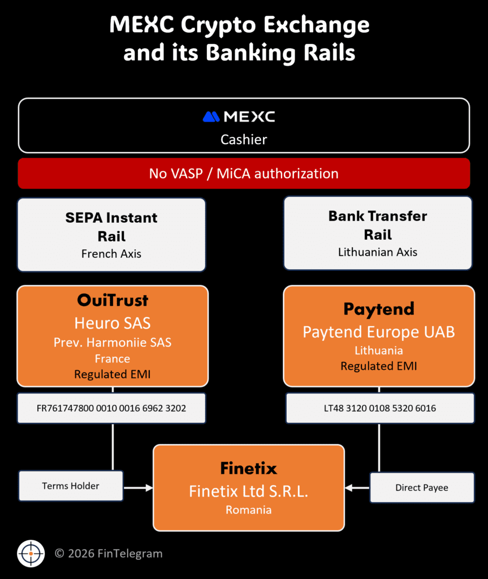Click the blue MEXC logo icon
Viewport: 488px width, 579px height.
[x=211, y=117]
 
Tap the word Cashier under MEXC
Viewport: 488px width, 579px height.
[x=244, y=139]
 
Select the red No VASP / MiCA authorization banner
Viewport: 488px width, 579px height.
[x=244, y=174]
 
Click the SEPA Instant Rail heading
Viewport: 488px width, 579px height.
[x=111, y=226]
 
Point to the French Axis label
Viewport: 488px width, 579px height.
[x=111, y=254]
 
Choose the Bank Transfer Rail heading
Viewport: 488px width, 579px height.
[x=378, y=225]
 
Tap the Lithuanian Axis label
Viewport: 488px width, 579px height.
[x=378, y=252]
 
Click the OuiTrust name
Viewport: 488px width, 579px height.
[x=113, y=300]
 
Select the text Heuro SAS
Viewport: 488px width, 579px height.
[x=113, y=323]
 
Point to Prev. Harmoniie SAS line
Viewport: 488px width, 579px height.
[x=113, y=342]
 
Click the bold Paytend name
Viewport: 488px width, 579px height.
[x=379, y=309]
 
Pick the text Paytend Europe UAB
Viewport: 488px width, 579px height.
[x=379, y=332]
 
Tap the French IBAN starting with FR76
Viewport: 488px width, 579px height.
[x=111, y=408]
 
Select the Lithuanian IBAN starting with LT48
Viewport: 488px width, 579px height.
[x=380, y=408]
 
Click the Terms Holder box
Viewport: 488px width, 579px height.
[x=71, y=486]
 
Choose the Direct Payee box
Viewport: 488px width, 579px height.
[x=422, y=487]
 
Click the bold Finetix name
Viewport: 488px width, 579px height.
[x=249, y=468]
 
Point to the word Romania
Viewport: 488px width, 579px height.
[x=249, y=510]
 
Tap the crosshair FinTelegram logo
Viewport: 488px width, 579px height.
[x=31, y=554]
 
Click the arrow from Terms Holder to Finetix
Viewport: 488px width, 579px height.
[x=138, y=487]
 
